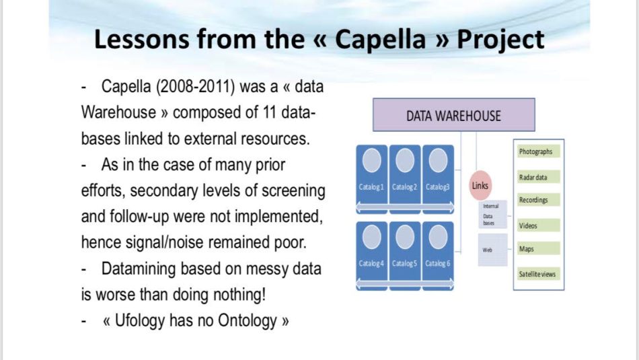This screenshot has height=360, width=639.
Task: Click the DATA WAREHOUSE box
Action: click(453, 115)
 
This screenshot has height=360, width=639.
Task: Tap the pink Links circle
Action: click(481, 186)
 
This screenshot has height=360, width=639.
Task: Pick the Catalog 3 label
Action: click(438, 186)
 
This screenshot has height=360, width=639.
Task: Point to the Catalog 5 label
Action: click(405, 263)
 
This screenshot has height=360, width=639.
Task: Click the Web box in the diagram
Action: click(490, 250)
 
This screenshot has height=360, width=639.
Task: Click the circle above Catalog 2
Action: click(405, 160)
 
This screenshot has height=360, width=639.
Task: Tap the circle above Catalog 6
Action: click(438, 236)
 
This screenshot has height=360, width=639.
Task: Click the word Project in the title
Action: click(500, 40)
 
